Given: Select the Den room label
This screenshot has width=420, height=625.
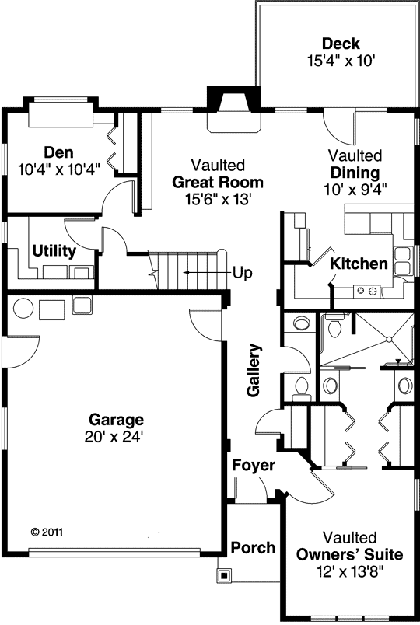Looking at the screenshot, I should click(x=58, y=152).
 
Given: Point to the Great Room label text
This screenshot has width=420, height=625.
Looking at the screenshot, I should click(x=218, y=183).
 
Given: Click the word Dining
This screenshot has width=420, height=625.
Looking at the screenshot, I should click(x=355, y=172).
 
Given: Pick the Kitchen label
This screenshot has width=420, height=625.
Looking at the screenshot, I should click(x=359, y=264).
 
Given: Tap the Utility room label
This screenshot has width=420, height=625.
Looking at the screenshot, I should click(x=54, y=251).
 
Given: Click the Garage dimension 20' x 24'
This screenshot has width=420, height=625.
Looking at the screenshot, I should click(x=115, y=437).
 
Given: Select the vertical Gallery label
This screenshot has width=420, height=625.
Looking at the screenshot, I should click(x=254, y=371).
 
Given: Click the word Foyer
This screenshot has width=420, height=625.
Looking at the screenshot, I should click(x=253, y=466).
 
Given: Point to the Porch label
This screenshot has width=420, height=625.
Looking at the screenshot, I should click(x=254, y=547).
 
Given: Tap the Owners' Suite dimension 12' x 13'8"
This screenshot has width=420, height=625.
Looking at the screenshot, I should click(x=349, y=571).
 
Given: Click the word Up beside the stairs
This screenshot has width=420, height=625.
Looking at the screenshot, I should click(x=243, y=274).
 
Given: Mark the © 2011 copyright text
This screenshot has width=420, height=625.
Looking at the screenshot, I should click(x=47, y=532).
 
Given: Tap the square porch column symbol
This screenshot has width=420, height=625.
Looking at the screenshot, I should click(x=224, y=576).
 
